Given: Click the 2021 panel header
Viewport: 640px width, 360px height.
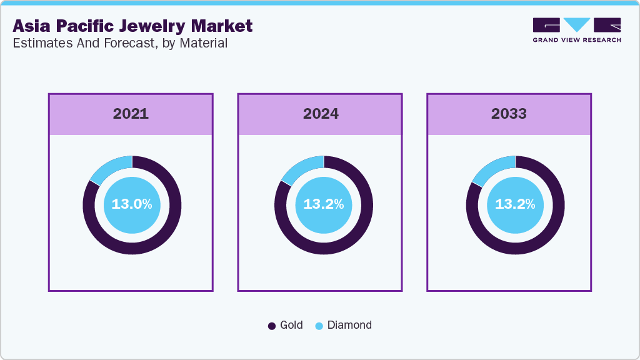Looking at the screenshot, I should [131, 114].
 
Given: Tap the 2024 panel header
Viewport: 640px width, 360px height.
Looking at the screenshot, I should [321, 114].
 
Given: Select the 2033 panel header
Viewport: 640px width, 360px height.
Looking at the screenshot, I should [509, 114].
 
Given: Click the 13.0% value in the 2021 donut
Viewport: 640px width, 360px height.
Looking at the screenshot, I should [132, 204].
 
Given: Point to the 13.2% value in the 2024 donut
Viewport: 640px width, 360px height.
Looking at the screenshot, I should [323, 204].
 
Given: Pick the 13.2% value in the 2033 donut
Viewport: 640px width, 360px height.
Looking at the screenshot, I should [515, 204].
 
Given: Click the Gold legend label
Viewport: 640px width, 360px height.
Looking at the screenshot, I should [291, 325].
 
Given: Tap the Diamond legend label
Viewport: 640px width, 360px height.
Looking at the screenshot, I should [349, 325].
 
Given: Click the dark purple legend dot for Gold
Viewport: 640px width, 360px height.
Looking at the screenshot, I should [272, 326].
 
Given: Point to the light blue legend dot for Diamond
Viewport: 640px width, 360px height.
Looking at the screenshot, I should [319, 326].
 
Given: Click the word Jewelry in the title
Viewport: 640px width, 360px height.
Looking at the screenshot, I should [148, 26].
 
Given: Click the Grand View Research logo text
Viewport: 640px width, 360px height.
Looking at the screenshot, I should [577, 40].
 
